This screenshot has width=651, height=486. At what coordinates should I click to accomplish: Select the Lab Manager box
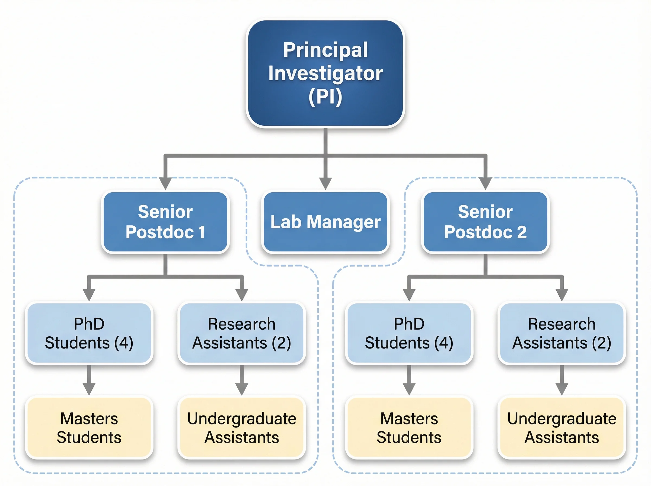click(x=325, y=222)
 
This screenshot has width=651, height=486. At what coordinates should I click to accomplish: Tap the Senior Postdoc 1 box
click(x=165, y=222)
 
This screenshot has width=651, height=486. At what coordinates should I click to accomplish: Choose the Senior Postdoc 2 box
click(x=485, y=222)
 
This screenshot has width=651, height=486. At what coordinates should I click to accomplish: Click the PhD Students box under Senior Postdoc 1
click(x=89, y=333)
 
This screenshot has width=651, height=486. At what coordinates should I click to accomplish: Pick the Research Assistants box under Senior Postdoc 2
click(x=561, y=333)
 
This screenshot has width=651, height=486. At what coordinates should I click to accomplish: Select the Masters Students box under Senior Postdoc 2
click(x=409, y=428)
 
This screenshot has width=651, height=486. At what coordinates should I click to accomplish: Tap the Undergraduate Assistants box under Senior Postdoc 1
click(x=241, y=428)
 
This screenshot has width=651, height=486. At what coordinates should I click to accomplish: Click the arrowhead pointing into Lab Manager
click(x=325, y=184)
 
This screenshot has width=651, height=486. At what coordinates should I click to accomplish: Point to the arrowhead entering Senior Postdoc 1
click(x=165, y=184)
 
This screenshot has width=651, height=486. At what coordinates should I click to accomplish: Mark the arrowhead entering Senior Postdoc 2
click(x=485, y=184)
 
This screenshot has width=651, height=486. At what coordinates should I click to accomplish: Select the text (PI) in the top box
click(x=325, y=97)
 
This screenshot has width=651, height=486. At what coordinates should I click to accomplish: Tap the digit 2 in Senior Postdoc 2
click(x=522, y=232)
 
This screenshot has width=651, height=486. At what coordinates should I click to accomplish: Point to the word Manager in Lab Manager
click(x=343, y=222)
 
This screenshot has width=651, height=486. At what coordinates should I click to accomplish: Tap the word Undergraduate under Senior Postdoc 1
click(x=241, y=419)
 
